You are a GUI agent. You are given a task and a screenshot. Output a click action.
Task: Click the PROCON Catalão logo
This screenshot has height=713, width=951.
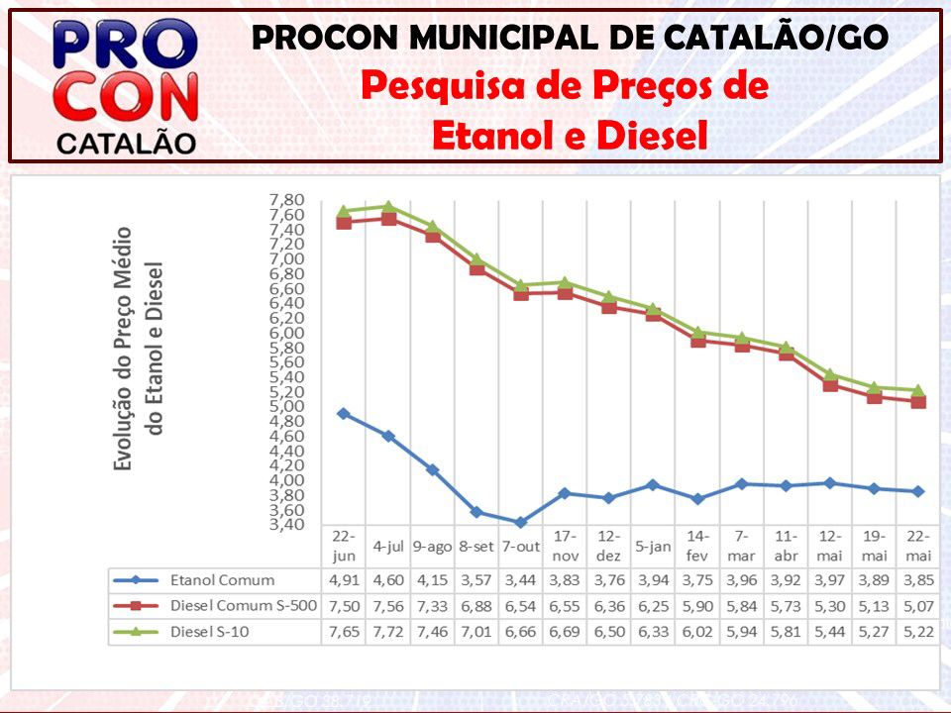pyautogui.click(x=126, y=87)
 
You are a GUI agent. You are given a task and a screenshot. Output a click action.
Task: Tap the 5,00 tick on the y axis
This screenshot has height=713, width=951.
pyautogui.click(x=287, y=406)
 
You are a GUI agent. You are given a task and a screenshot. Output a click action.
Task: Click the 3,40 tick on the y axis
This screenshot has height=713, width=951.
pyautogui.click(x=287, y=524)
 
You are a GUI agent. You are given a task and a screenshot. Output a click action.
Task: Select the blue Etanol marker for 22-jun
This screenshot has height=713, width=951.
pyautogui.click(x=344, y=414)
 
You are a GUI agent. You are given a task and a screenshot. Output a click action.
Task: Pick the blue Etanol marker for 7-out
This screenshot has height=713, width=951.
pyautogui.click(x=521, y=522)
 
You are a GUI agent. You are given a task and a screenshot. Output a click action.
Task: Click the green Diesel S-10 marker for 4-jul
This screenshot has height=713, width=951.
pyautogui.click(x=388, y=207)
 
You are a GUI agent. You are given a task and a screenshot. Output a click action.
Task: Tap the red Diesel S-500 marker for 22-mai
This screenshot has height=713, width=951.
pyautogui.click(x=918, y=402)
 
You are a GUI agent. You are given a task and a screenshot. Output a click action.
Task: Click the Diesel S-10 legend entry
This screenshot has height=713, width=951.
pyautogui.click(x=212, y=632)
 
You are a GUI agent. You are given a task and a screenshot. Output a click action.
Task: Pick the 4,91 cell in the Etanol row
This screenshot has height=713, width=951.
pyautogui.click(x=344, y=580)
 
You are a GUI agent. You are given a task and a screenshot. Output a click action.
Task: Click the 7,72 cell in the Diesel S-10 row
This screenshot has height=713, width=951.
pyautogui.click(x=388, y=632)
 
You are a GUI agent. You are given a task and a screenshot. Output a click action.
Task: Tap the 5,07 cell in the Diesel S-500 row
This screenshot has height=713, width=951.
pyautogui.click(x=918, y=606)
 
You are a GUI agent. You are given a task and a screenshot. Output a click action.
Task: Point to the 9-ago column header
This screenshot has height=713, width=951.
pyautogui.click(x=433, y=547)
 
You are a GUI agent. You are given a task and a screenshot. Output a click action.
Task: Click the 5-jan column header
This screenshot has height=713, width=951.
pyautogui.click(x=653, y=547)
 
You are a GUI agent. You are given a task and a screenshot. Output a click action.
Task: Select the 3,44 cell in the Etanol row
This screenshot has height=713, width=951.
pyautogui.click(x=521, y=580)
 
